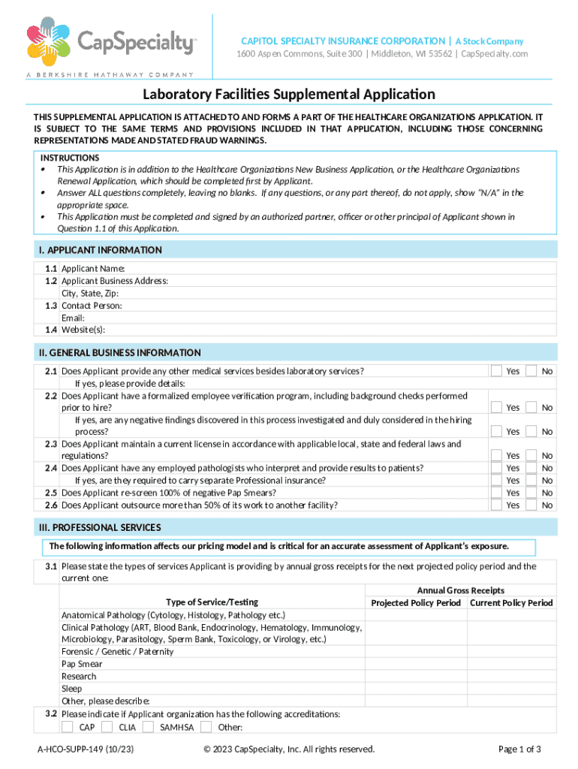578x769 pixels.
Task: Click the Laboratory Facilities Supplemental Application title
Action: coord(289,94)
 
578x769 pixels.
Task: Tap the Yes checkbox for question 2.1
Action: coord(496,371)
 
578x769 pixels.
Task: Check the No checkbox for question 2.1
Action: coord(531,371)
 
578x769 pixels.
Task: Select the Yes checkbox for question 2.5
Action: coord(496,493)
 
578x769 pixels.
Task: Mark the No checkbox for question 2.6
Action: coord(531,505)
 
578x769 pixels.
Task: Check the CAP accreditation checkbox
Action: coord(68,726)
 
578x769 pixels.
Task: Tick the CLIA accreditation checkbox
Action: coord(107,726)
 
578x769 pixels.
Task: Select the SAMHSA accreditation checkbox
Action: coord(148,726)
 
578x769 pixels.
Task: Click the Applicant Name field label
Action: coord(93,269)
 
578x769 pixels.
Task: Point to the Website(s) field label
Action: coord(83,330)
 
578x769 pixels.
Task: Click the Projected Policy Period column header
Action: coord(416,603)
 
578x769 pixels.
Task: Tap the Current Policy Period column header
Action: coord(511,603)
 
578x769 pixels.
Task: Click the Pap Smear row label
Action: coord(82,664)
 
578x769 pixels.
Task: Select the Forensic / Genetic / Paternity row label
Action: coord(117,652)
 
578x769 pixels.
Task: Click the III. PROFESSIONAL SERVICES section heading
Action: coord(100,527)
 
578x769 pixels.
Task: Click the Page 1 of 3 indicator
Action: coord(519,749)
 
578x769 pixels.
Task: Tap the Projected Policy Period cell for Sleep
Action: coord(416,689)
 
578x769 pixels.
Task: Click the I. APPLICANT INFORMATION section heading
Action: coord(100,250)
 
